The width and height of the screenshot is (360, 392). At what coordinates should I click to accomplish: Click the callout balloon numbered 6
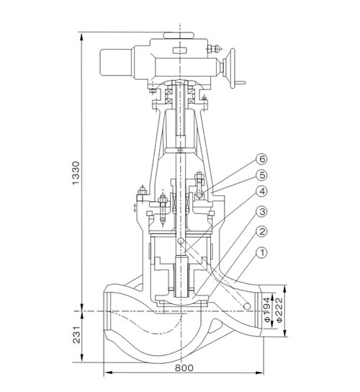pos(262,159)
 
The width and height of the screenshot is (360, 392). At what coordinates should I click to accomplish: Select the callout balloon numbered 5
pos(262,175)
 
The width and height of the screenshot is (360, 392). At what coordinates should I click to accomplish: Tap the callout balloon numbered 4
pos(262,192)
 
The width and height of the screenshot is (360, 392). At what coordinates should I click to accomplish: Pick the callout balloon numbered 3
pos(262,212)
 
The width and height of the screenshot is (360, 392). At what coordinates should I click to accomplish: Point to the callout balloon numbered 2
pos(262,232)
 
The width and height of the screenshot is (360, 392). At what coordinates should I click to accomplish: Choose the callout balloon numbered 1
pos(262,253)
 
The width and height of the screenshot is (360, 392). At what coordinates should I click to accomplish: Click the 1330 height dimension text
pos(76,173)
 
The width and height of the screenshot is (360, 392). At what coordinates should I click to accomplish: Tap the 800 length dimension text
pos(184,368)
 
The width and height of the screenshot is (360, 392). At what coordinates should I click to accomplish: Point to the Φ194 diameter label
pos(267,309)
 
